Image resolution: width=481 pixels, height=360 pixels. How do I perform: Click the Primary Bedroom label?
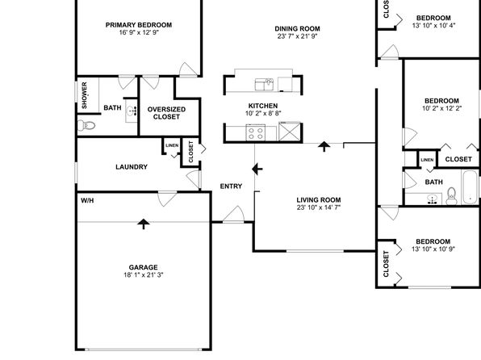point(139,25)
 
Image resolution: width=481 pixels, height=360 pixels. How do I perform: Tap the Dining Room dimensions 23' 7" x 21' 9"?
point(297,36)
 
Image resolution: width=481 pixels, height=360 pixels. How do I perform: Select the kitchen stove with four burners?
point(256,132)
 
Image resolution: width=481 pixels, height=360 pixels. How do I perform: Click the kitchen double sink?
point(264,85)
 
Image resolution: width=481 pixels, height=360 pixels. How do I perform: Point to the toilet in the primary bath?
point(86,125)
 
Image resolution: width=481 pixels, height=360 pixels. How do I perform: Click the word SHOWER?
point(85,95)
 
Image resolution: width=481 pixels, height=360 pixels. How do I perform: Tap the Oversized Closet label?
point(166,113)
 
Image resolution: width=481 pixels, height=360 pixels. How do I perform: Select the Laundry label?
point(132,167)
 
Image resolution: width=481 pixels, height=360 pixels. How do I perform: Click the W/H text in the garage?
point(87,201)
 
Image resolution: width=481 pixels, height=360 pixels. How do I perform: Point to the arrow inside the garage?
point(144,224)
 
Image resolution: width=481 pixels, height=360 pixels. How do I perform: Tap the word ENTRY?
point(231,186)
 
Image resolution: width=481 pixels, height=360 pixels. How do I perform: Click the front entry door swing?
point(234,214)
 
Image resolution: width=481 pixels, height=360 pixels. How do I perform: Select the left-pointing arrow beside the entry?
point(257,170)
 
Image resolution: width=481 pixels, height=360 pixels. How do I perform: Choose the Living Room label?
point(319,200)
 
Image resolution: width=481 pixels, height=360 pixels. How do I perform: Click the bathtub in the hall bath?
point(470,186)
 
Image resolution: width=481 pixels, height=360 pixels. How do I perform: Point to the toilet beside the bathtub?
point(451,196)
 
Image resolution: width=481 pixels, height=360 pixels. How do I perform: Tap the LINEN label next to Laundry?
point(172,145)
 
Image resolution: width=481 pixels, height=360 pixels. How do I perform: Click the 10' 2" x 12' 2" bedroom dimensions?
point(441,108)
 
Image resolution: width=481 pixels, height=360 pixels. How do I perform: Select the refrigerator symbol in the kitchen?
point(290,132)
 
